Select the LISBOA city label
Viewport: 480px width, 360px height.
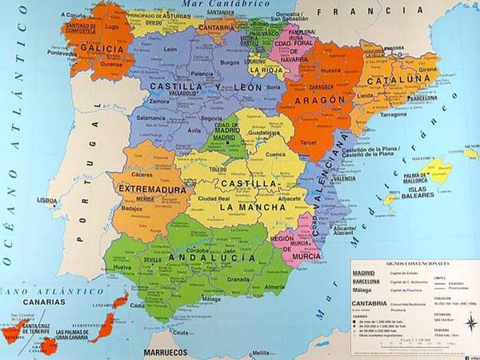click(x=48, y=200)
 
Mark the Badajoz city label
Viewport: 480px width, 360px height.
click(x=130, y=210)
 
